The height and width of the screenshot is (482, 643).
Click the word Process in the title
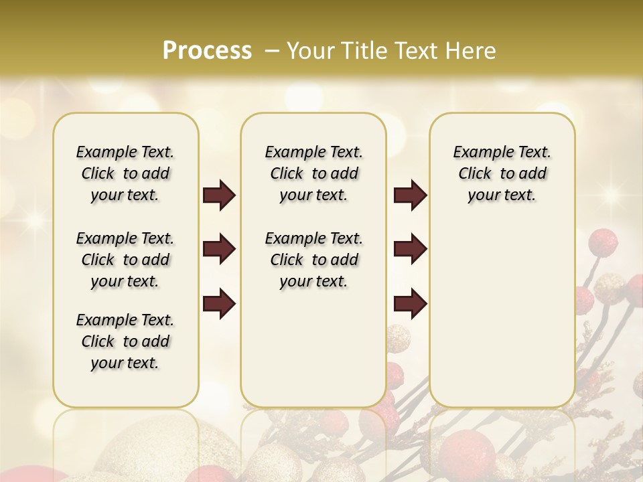click(207, 51)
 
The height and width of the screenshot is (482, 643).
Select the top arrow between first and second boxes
click(219, 195)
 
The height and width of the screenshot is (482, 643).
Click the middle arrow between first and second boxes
click(219, 250)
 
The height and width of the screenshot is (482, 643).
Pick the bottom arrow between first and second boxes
click(219, 304)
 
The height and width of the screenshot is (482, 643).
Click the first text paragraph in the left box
click(125, 173)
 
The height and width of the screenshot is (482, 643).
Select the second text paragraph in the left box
click(125, 260)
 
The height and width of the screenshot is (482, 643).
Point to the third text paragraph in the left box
click(125, 341)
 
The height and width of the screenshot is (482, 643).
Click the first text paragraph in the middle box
click(313, 173)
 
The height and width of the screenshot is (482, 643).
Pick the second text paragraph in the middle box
click(313, 260)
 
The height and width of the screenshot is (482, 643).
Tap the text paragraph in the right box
click(502, 173)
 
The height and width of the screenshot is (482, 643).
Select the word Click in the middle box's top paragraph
click(287, 174)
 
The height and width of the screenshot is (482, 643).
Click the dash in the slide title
click(272, 51)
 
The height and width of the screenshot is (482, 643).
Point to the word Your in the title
click(311, 51)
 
